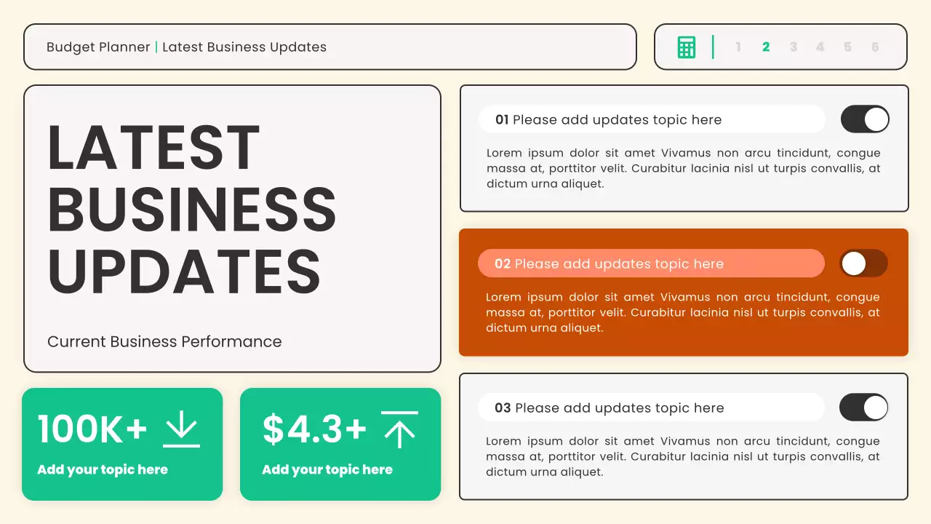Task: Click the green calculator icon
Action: pyautogui.click(x=686, y=47)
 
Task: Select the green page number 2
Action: pyautogui.click(x=766, y=47)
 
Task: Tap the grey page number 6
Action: pyautogui.click(x=875, y=47)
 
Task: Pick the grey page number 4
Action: pyautogui.click(x=820, y=47)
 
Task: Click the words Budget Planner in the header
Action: pyautogui.click(x=98, y=47)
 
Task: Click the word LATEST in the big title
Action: pyautogui.click(x=153, y=148)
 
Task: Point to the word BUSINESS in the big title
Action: pyautogui.click(x=192, y=210)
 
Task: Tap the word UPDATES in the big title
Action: pyautogui.click(x=184, y=271)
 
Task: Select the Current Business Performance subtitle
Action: pyautogui.click(x=164, y=341)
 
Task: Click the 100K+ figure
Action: pyautogui.click(x=92, y=429)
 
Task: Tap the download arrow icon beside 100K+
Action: pyautogui.click(x=181, y=429)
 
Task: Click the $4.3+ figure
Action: pyautogui.click(x=314, y=429)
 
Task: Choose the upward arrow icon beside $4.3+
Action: pyautogui.click(x=399, y=429)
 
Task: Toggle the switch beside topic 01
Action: pyautogui.click(x=865, y=119)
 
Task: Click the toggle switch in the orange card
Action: pyautogui.click(x=863, y=263)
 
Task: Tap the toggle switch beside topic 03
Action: pyautogui.click(x=863, y=408)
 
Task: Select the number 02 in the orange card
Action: pyautogui.click(x=503, y=264)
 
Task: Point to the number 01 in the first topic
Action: pyautogui.click(x=502, y=120)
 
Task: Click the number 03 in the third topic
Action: pyautogui.click(x=503, y=408)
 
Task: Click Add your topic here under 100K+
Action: pyautogui.click(x=103, y=469)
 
